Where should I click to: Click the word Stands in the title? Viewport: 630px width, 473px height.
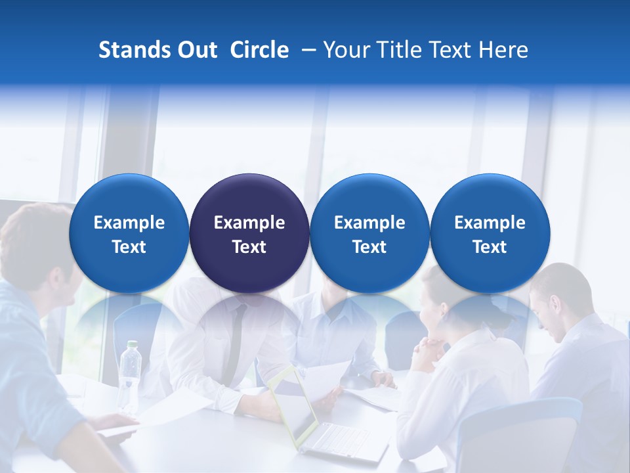[131, 50]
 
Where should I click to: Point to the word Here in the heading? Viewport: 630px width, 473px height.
[503, 50]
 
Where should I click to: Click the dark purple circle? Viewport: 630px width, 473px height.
[249, 233]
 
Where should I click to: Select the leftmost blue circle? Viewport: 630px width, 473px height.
[129, 233]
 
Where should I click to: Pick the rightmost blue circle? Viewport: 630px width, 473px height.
[490, 233]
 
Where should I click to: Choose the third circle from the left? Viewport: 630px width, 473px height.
[369, 233]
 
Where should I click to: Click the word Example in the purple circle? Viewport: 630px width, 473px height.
[249, 223]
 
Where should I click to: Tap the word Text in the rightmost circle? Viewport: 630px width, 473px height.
[490, 247]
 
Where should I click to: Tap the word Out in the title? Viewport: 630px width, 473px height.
[196, 50]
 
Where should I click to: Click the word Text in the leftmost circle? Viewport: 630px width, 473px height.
[129, 247]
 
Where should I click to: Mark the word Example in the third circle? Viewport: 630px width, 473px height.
[369, 223]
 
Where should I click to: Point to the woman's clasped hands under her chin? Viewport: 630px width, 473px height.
[430, 348]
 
